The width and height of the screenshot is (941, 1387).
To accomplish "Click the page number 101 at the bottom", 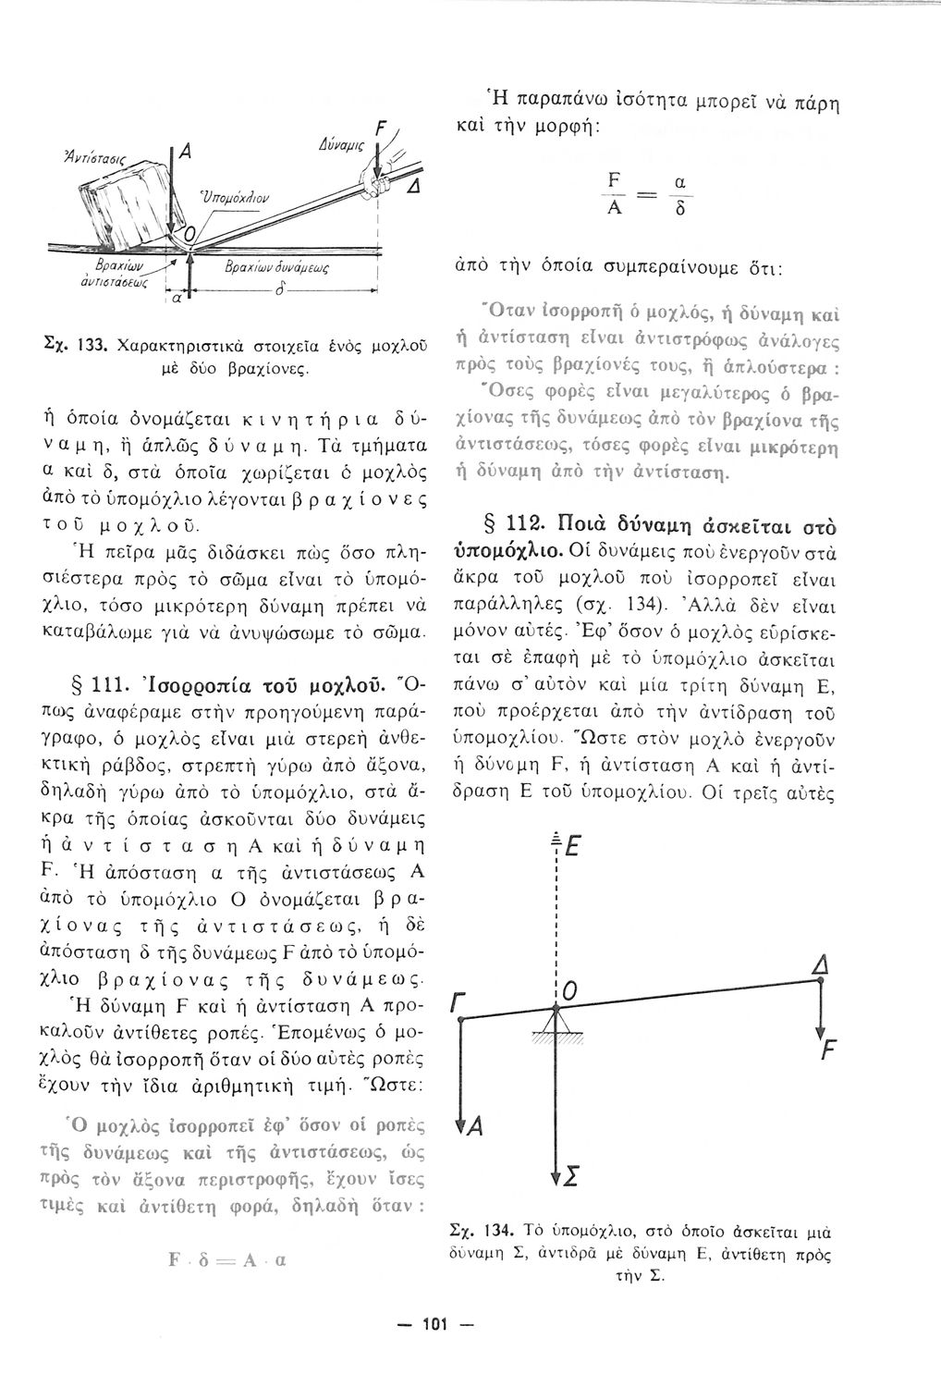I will [x=434, y=1325].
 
